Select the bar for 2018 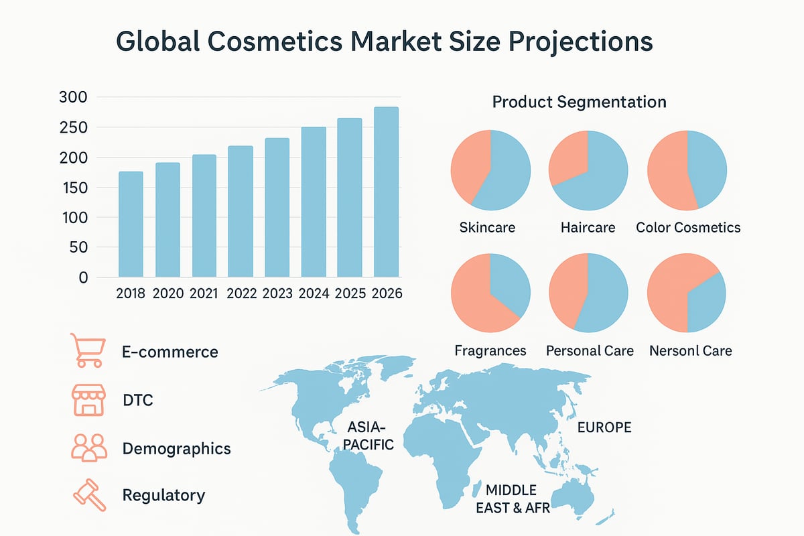tap(131, 224)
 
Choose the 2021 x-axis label tap(204, 294)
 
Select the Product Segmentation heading tap(579, 103)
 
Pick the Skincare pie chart tap(491, 170)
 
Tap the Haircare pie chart tap(588, 170)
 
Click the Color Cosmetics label tap(688, 228)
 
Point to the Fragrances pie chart tap(491, 293)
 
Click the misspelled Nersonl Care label tap(690, 350)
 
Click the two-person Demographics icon tap(89, 448)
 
